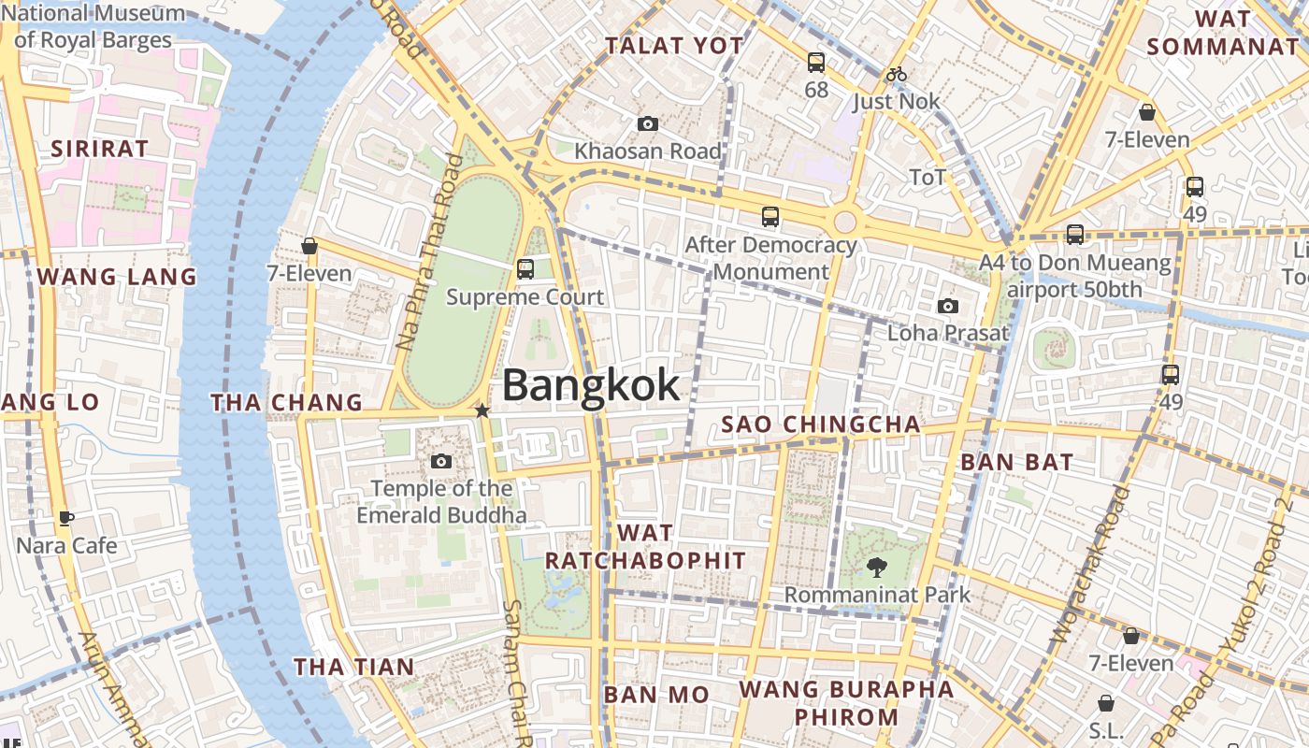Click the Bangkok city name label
pos(592,385)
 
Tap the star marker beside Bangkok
pos(482,410)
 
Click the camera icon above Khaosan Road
pos(647,123)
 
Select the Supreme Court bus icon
pos(525,269)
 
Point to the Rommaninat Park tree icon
pos(876,566)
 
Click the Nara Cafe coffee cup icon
pos(66,518)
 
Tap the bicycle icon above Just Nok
pos(896,74)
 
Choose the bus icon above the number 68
pos(816,63)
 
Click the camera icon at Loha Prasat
pos(948,306)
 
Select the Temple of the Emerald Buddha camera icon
pos(441,461)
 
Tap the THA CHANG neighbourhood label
pos(286,403)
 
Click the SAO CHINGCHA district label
pos(821,424)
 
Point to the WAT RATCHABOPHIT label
pos(645,547)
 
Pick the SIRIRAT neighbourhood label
pos(99,149)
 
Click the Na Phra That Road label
pos(429,252)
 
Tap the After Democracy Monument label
pos(770,258)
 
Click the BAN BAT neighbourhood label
pos(1017,462)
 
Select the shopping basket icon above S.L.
pos(1106,702)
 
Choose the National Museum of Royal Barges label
pos(93,26)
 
